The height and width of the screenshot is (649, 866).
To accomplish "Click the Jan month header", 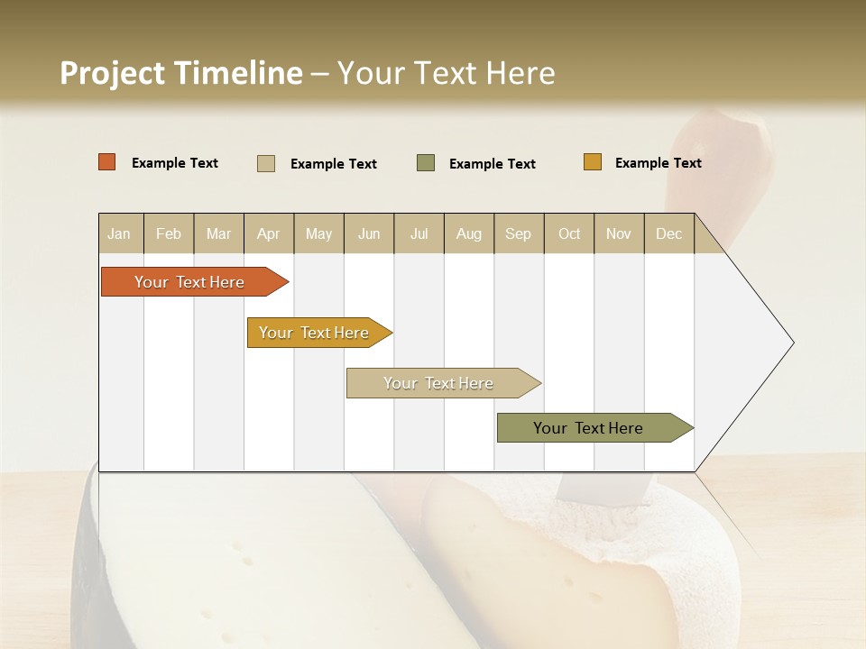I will (x=120, y=234).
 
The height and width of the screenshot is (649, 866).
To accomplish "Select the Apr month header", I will (x=269, y=234).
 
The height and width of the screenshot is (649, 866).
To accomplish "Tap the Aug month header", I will (x=468, y=234).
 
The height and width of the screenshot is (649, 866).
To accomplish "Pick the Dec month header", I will (x=668, y=234).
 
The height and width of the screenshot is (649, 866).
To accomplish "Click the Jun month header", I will (x=369, y=234).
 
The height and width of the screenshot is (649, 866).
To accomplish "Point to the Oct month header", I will (x=569, y=234).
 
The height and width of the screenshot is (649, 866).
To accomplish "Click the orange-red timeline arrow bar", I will (x=189, y=282).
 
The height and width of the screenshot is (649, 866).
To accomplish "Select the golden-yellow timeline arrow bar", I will (x=316, y=333).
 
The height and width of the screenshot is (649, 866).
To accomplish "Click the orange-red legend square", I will (x=107, y=162).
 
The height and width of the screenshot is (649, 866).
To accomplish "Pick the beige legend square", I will (x=266, y=163).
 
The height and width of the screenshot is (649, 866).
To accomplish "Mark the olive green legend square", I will (x=426, y=162).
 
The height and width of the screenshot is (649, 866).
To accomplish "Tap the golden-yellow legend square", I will (x=593, y=162).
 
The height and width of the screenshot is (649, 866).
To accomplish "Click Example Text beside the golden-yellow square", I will (x=658, y=163).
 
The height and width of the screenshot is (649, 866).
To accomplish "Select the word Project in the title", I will (x=111, y=73).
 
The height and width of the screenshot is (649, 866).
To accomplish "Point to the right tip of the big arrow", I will (x=791, y=343).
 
